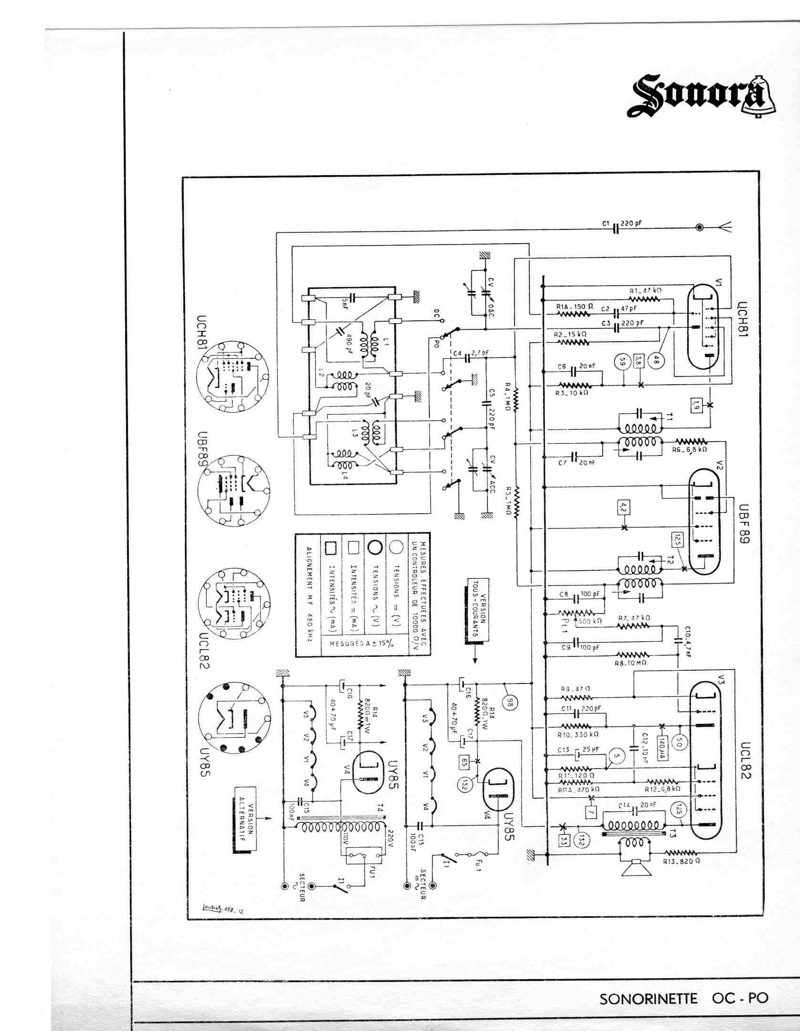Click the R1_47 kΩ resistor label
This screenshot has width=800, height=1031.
(x=645, y=290)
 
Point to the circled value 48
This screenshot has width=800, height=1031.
(x=656, y=361)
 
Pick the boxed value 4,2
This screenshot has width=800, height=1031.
(x=624, y=507)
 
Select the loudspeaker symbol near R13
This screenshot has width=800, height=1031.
(x=636, y=868)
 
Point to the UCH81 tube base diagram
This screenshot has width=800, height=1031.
(x=233, y=376)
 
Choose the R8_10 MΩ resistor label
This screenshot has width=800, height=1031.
(x=631, y=662)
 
